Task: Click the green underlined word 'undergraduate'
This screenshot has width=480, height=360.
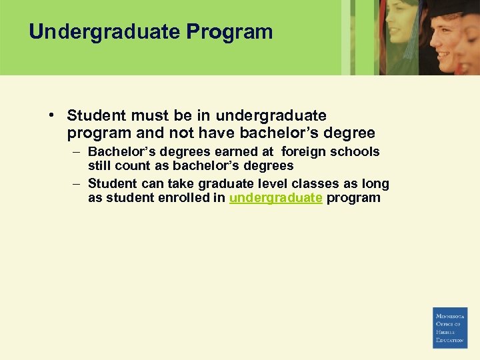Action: [x=276, y=198]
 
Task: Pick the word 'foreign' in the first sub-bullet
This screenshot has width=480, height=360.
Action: [x=307, y=151]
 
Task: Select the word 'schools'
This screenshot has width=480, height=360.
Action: [x=356, y=151]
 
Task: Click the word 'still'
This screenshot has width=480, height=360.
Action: [x=99, y=165]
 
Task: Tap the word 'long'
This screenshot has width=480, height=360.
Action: [x=375, y=183]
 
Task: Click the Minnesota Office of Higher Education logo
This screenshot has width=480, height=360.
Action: [x=450, y=327]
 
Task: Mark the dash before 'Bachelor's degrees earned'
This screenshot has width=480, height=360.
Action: [x=76, y=151]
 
